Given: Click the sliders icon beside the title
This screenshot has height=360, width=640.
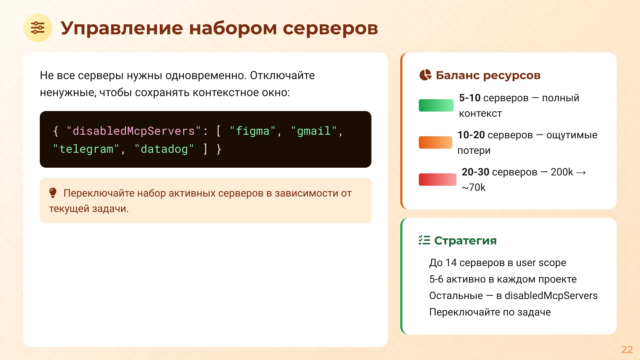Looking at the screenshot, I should click(38, 28).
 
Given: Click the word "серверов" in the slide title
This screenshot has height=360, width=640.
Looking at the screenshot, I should click(330, 28).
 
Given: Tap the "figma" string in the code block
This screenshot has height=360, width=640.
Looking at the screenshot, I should click(253, 131).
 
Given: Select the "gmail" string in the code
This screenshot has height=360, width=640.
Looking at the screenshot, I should click(314, 131).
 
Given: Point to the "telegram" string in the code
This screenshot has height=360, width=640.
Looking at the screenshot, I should click(86, 149).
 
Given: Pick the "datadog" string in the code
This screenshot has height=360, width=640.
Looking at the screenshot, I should click(164, 149).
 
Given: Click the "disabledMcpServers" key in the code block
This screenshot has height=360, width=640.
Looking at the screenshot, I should click(133, 131).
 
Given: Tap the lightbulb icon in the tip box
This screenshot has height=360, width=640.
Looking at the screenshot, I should click(53, 193).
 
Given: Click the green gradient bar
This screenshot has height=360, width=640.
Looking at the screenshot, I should click(436, 105).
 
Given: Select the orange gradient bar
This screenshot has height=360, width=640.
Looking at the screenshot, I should click(435, 142).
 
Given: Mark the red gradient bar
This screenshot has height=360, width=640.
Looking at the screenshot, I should click(437, 179).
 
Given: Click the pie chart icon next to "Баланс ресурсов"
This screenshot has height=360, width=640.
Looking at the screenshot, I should click(425, 75).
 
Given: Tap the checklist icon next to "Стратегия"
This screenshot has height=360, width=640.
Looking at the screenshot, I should click(424, 240).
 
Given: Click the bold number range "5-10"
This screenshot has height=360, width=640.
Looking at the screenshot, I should click(469, 98).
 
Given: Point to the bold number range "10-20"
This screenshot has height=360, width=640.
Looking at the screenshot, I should click(471, 135).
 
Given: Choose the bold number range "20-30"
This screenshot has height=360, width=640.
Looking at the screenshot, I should click(475, 172).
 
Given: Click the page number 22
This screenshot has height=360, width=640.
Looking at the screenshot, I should click(627, 349).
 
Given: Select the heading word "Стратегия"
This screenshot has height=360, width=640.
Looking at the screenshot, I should click(465, 240).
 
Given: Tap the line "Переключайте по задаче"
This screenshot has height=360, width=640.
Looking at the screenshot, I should click(490, 312).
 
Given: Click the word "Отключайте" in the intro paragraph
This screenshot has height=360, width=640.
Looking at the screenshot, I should click(282, 75).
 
